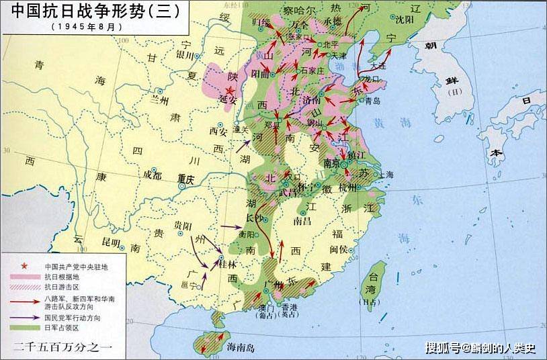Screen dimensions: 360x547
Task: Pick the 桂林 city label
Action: (229, 265)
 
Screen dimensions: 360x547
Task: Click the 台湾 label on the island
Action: (370, 289)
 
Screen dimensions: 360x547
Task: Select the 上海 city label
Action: (386, 175)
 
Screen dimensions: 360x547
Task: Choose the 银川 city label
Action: (184, 55)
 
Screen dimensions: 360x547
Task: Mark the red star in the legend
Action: (25, 265)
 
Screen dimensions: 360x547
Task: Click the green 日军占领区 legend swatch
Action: (25, 327)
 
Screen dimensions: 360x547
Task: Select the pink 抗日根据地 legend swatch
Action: (25, 276)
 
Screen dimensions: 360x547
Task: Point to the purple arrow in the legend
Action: (25, 317)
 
